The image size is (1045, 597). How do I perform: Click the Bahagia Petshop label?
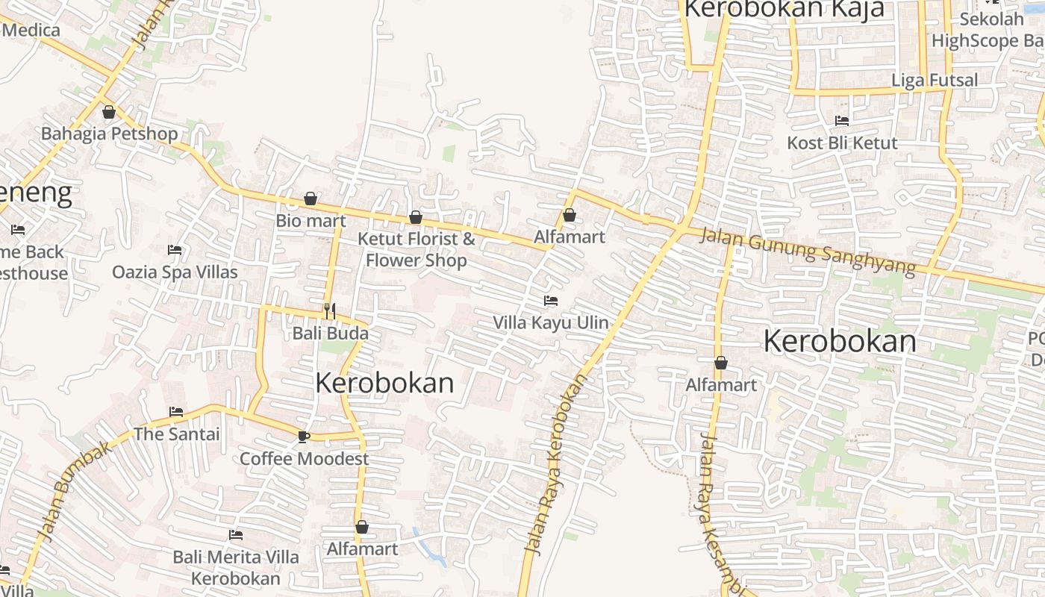point(110,134)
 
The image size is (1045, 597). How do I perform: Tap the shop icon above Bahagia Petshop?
point(109,113)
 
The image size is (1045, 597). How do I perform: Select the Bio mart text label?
point(311,221)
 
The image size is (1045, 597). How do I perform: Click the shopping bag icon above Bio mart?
point(311,199)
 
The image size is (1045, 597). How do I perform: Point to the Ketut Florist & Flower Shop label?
point(416,249)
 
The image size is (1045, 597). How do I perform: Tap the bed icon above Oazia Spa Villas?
point(175,250)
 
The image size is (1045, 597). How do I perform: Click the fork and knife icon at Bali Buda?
point(330,310)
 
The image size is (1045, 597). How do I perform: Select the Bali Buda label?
point(330,333)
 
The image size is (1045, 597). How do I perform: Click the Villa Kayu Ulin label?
point(551,323)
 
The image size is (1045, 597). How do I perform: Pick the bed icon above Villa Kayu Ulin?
point(551,301)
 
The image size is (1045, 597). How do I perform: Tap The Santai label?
point(177,434)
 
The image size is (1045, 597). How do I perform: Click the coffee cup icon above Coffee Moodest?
point(303,437)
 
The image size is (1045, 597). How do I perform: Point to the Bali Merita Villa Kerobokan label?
point(236,567)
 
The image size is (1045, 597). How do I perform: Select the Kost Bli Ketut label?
point(843,143)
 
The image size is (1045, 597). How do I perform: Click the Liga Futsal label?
point(935,80)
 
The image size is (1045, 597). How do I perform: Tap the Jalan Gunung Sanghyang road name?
point(808,252)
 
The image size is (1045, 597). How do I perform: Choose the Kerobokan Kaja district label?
point(784,9)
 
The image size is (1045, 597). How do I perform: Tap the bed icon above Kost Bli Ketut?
point(842,121)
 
